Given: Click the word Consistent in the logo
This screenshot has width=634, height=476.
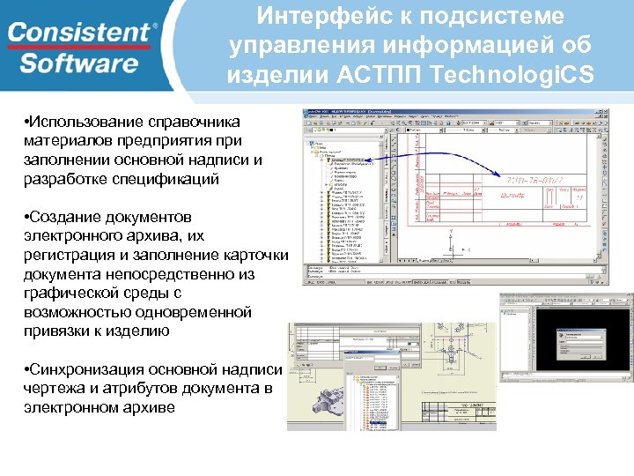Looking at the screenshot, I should (x=80, y=33).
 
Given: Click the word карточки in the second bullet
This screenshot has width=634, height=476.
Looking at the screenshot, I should (x=251, y=256).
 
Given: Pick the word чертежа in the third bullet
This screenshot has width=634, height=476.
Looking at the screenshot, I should (x=54, y=389).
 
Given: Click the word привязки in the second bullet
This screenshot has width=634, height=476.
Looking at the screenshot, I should (x=56, y=331).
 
